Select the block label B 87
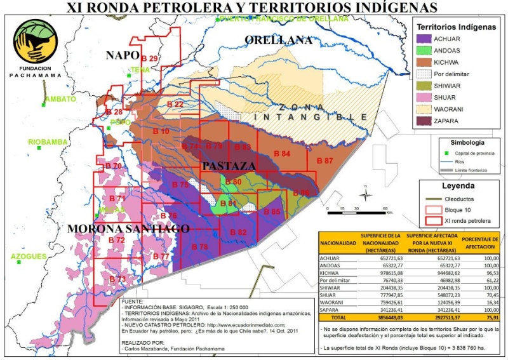(x=324, y=161)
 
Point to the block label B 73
(x=117, y=279)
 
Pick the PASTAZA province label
(x=229, y=166)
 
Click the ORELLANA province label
(x=279, y=40)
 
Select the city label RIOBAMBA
(x=47, y=142)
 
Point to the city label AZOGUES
(x=29, y=257)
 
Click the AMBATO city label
(x=60, y=99)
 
